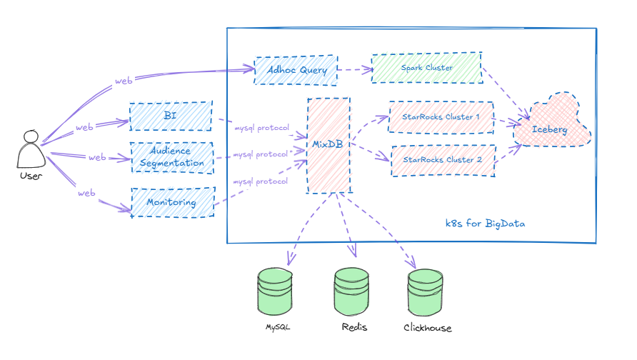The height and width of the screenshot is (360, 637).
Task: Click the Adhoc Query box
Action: point(296,70)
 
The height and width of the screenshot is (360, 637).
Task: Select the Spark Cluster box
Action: point(426,68)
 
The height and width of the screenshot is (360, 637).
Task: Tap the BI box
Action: point(171,116)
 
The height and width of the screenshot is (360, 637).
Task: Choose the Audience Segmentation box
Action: point(172,157)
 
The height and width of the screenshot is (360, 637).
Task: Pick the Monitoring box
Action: point(172,202)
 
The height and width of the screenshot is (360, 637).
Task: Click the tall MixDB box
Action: point(328,145)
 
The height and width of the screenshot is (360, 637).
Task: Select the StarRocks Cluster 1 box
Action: point(441,116)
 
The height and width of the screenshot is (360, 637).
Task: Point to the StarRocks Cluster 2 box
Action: point(443,160)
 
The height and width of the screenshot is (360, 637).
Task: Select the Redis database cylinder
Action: point(351,292)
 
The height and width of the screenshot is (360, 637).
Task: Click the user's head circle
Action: point(30,136)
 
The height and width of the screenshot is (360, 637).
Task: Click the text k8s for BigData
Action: point(485,224)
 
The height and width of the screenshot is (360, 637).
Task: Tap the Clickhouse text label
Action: point(427,329)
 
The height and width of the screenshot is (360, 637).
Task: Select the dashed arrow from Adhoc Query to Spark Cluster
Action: point(355,70)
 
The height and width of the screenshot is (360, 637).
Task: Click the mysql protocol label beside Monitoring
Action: point(261,181)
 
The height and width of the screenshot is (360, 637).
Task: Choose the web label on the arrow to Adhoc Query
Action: point(124,81)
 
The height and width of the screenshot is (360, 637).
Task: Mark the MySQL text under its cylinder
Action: point(278,328)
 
